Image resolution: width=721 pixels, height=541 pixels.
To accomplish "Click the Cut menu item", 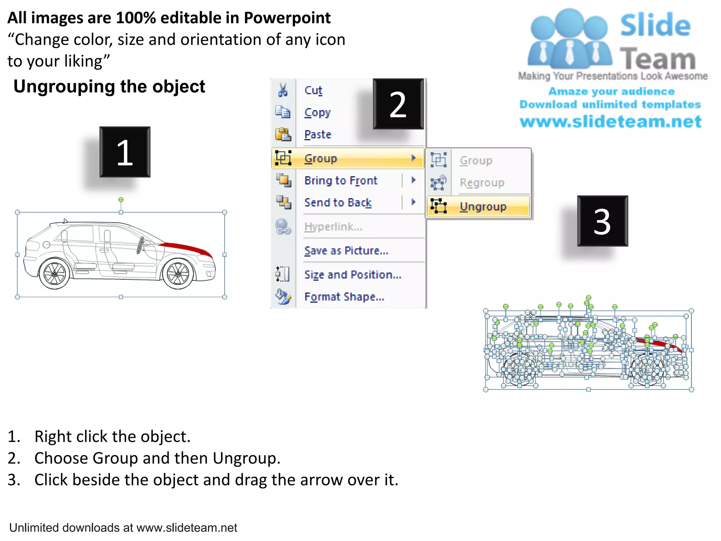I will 313,91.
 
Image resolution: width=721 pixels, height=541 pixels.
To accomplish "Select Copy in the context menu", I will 317,113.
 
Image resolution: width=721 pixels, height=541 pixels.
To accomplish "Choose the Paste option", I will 318,135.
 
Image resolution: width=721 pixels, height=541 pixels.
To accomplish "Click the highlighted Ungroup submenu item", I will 483,206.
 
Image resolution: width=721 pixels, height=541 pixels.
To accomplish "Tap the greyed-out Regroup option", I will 482,182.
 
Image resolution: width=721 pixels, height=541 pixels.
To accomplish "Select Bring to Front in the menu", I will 340,180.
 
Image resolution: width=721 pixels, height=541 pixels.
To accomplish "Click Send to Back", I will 338,203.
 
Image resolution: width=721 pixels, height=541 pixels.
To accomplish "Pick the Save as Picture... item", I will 346,250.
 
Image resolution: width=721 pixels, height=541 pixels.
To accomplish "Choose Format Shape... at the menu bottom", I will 344,297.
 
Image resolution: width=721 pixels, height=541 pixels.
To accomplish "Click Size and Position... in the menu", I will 352,274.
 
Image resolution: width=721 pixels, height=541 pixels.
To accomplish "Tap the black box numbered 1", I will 125,152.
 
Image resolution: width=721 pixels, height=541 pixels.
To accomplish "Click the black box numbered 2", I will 398,104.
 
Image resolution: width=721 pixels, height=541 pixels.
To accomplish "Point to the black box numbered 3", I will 602,221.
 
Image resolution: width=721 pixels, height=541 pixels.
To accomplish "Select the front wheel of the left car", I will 178,274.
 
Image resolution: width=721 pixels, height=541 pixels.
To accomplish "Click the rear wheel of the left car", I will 54,274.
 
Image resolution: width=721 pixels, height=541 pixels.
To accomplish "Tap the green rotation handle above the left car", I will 121,200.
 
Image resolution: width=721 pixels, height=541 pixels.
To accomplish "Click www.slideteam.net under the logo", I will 610,122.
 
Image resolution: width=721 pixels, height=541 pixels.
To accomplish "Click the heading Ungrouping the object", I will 109,87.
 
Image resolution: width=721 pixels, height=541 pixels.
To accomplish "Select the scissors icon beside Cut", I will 282,90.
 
